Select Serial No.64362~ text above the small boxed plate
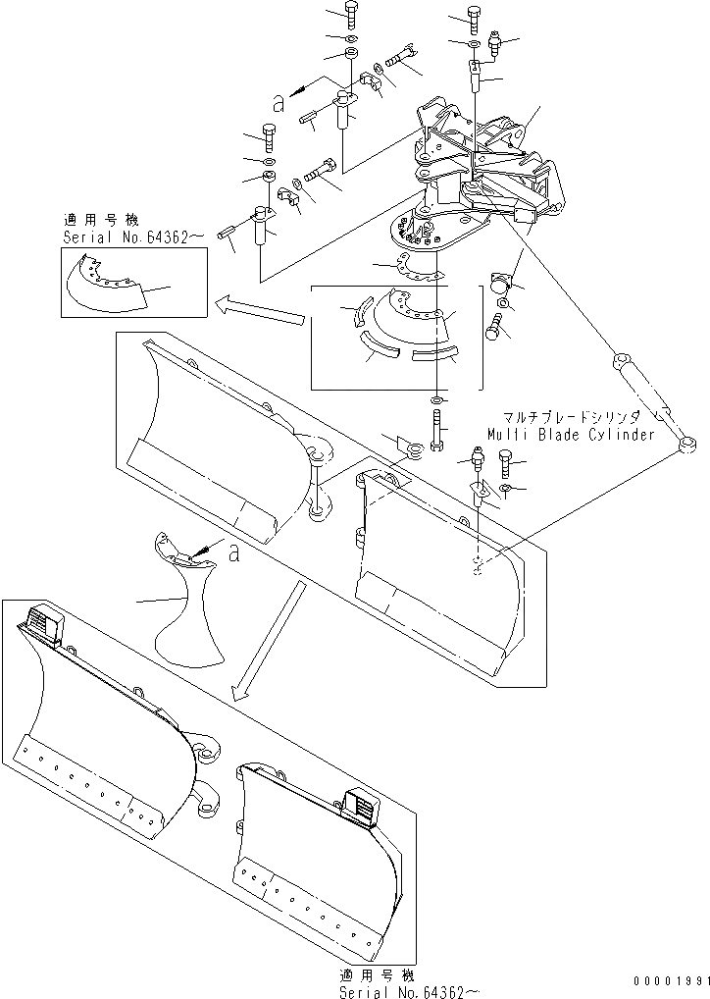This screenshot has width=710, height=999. [132, 237]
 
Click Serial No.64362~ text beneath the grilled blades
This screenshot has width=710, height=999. [409, 991]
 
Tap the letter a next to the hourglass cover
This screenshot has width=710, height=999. [232, 553]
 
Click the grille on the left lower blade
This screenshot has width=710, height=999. [43, 621]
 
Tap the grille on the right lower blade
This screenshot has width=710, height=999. [360, 810]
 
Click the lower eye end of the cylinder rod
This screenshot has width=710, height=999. [683, 447]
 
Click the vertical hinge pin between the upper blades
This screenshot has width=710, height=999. [318, 487]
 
